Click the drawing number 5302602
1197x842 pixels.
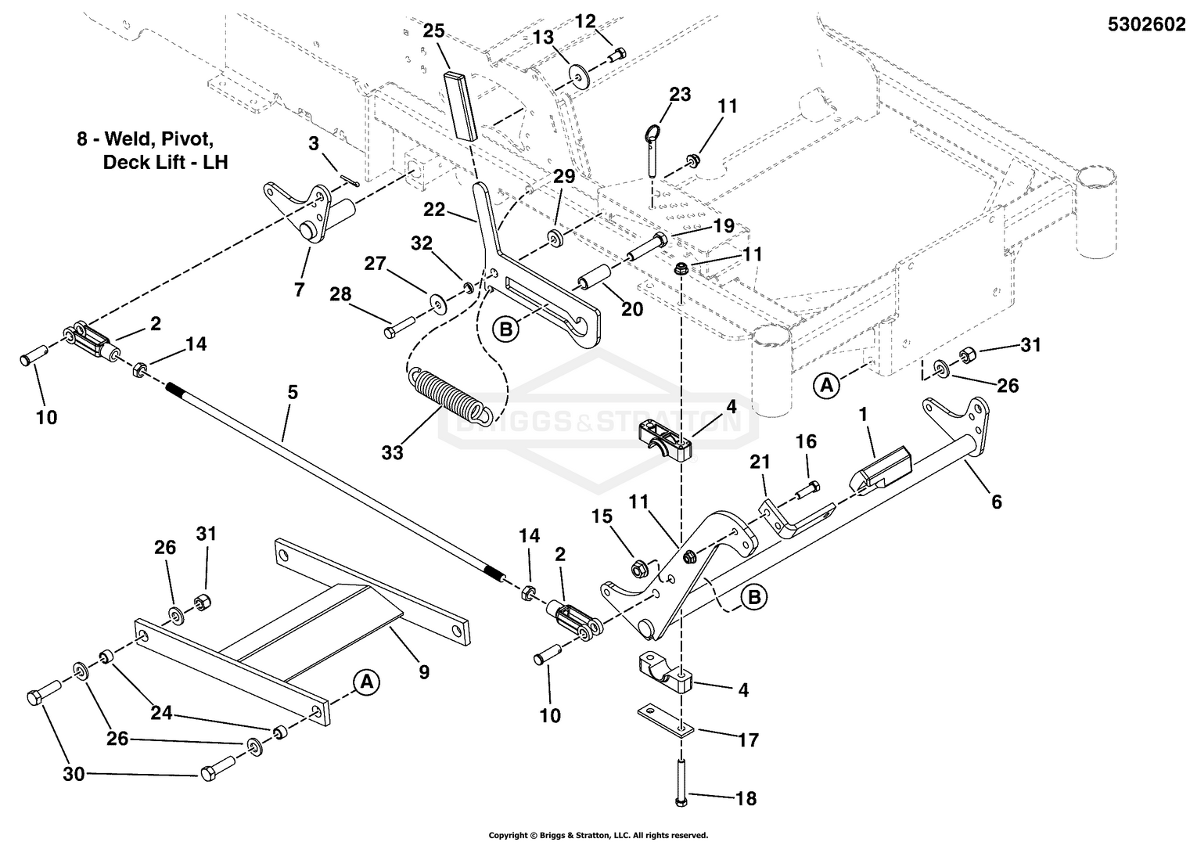(1146, 24)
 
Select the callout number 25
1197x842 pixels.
(433, 31)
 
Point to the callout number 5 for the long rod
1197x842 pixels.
(293, 393)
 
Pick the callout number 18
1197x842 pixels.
(746, 798)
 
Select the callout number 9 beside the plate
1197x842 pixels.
(423, 671)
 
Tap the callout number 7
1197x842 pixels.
(300, 290)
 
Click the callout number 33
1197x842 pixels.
(393, 452)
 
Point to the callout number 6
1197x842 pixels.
(996, 501)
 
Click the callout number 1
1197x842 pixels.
(864, 415)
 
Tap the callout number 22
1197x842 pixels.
(434, 210)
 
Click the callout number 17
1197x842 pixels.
(748, 739)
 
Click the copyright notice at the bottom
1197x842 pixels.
(598, 835)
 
